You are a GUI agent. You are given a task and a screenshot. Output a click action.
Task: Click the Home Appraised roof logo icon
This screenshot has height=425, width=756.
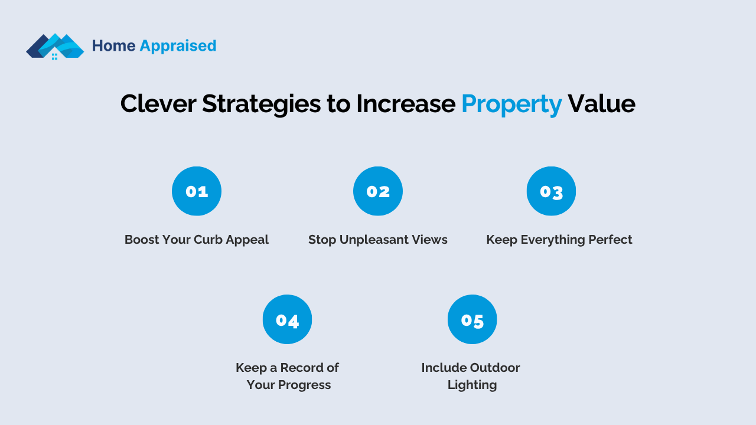pyautogui.click(x=55, y=46)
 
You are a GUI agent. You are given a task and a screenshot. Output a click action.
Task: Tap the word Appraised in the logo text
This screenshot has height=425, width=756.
pyautogui.click(x=178, y=46)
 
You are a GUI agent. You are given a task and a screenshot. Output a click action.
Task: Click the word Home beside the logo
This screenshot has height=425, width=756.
pyautogui.click(x=114, y=45)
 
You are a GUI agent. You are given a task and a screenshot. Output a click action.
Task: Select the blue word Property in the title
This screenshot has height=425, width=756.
pyautogui.click(x=511, y=104)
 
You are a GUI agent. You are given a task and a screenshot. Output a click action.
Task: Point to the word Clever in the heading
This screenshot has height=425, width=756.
pyautogui.click(x=158, y=103)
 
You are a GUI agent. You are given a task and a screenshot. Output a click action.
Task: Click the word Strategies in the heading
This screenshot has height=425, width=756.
pyautogui.click(x=261, y=104)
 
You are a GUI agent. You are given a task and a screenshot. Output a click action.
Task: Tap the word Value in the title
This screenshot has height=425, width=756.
pyautogui.click(x=601, y=103)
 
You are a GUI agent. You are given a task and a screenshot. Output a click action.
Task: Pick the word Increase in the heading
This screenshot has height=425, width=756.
pyautogui.click(x=406, y=103)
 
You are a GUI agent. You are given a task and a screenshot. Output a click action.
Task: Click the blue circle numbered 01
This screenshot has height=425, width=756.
pyautogui.click(x=197, y=191)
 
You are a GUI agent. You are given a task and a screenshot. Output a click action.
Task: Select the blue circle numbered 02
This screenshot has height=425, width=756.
pyautogui.click(x=378, y=191)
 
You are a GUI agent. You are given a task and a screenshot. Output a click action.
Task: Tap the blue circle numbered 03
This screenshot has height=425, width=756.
pyautogui.click(x=551, y=191)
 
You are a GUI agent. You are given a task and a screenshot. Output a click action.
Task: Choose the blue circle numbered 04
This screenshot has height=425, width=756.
pyautogui.click(x=287, y=319)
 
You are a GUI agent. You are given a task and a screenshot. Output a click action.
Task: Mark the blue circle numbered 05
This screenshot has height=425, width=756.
pyautogui.click(x=472, y=319)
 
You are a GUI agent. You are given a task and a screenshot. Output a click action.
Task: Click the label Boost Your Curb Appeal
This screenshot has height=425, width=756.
pyautogui.click(x=197, y=240)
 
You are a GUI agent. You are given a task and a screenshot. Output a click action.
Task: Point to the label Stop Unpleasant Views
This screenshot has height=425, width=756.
pyautogui.click(x=377, y=240)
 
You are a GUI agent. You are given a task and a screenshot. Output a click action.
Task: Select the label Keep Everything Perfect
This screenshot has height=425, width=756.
pyautogui.click(x=559, y=240)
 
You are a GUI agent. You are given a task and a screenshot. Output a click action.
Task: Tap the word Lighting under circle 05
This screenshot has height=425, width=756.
pyautogui.click(x=472, y=385)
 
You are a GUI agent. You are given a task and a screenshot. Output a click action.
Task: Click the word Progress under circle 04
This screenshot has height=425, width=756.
pyautogui.click(x=304, y=385)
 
